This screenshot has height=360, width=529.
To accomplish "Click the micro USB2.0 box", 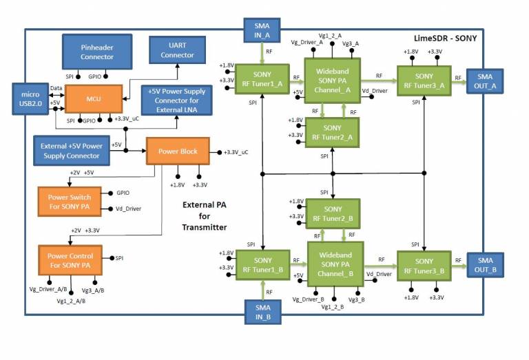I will pos(30,98).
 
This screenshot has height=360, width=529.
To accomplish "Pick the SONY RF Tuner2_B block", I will pos(332,213).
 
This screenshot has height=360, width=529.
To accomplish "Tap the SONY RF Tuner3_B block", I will pos(424,265).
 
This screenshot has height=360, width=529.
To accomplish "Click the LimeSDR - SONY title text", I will pos(445,39).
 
